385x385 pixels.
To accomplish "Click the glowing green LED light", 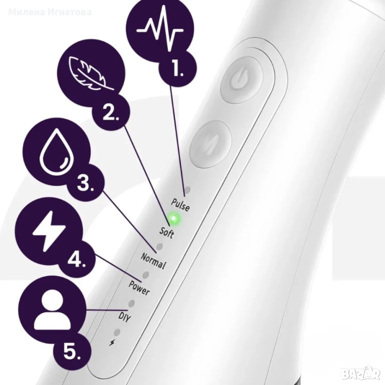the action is (x=174, y=218).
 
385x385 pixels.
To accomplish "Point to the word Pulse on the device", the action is (x=180, y=205).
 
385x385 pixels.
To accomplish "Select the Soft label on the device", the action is (x=167, y=233).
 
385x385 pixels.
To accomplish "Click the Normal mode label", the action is (x=153, y=261).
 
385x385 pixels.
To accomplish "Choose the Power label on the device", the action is (x=139, y=288).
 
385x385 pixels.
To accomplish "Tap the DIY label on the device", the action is (x=124, y=317).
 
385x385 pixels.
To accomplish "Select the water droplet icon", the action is (x=57, y=152).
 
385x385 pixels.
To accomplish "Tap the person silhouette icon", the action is (x=52, y=309).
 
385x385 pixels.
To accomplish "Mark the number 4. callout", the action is (x=77, y=259).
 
